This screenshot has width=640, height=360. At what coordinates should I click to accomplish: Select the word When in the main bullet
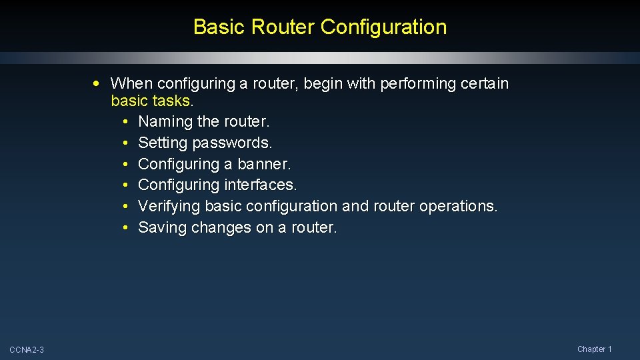pyautogui.click(x=130, y=83)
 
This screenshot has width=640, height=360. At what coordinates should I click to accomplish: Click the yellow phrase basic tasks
pyautogui.click(x=151, y=101)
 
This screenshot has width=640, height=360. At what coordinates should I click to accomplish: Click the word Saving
pyautogui.click(x=162, y=227)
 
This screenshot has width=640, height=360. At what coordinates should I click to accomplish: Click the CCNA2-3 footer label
pyautogui.click(x=27, y=350)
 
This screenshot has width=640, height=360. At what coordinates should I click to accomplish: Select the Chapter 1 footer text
pyautogui.click(x=594, y=349)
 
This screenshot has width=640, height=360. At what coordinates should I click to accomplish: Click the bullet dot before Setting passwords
pyautogui.click(x=125, y=143)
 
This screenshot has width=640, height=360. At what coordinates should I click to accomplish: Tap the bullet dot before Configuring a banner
pyautogui.click(x=125, y=164)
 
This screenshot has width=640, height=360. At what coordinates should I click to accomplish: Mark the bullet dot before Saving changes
pyautogui.click(x=125, y=227)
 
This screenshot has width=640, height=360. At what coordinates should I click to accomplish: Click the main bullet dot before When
pyautogui.click(x=98, y=83)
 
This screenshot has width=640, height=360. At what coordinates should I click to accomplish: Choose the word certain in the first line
pyautogui.click(x=485, y=83)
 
